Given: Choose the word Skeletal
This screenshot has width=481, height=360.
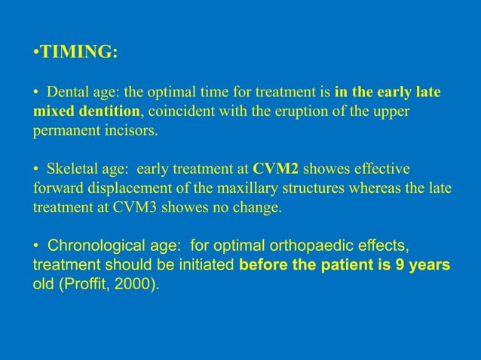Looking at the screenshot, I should tap(73, 167).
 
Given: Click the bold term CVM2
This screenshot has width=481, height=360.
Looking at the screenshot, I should tap(276, 167).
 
